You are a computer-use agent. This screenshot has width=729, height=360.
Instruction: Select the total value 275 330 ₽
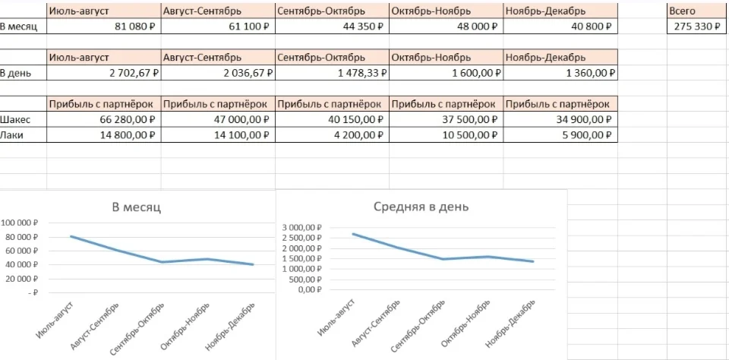pyautogui.click(x=696, y=27)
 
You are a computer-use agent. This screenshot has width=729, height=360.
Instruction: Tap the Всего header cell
pyautogui.click(x=682, y=11)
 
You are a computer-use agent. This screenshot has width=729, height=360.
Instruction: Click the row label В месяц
pyautogui.click(x=19, y=27)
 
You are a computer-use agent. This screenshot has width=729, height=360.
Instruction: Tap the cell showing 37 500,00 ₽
pyautogui.click(x=471, y=119)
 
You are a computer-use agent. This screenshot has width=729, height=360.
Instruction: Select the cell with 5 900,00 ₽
pyautogui.click(x=585, y=134)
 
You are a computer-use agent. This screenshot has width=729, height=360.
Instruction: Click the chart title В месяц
pyautogui.click(x=137, y=207)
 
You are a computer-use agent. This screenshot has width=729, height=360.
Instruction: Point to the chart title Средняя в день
pyautogui.click(x=421, y=207)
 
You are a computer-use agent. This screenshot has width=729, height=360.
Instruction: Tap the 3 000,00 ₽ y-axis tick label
pyautogui.click(x=301, y=228)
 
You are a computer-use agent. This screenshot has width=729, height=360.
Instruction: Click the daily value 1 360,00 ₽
pyautogui.click(x=585, y=74)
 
